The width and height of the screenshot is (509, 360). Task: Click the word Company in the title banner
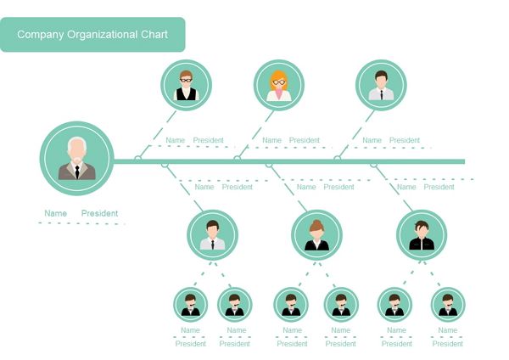(41, 35)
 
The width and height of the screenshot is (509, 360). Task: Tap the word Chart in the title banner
(151, 35)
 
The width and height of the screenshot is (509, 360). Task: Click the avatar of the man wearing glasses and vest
(186, 85)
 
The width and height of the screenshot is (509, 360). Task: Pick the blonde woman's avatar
(279, 85)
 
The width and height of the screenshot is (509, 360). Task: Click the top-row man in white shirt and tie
(381, 85)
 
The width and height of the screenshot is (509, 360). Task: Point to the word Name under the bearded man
(55, 213)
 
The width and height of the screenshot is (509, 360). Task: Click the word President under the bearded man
(100, 213)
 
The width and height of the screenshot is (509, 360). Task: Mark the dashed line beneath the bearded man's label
(81, 223)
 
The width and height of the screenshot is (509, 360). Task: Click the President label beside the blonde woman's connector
(304, 140)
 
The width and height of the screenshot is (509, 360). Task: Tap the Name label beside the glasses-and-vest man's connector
(175, 140)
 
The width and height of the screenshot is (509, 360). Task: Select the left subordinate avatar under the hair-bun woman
(291, 304)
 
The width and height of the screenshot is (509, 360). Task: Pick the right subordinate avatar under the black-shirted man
(447, 304)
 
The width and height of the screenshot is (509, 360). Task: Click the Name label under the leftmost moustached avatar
(190, 330)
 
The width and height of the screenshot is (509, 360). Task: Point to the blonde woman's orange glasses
(279, 82)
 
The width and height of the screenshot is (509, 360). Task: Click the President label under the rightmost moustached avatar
(448, 344)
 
